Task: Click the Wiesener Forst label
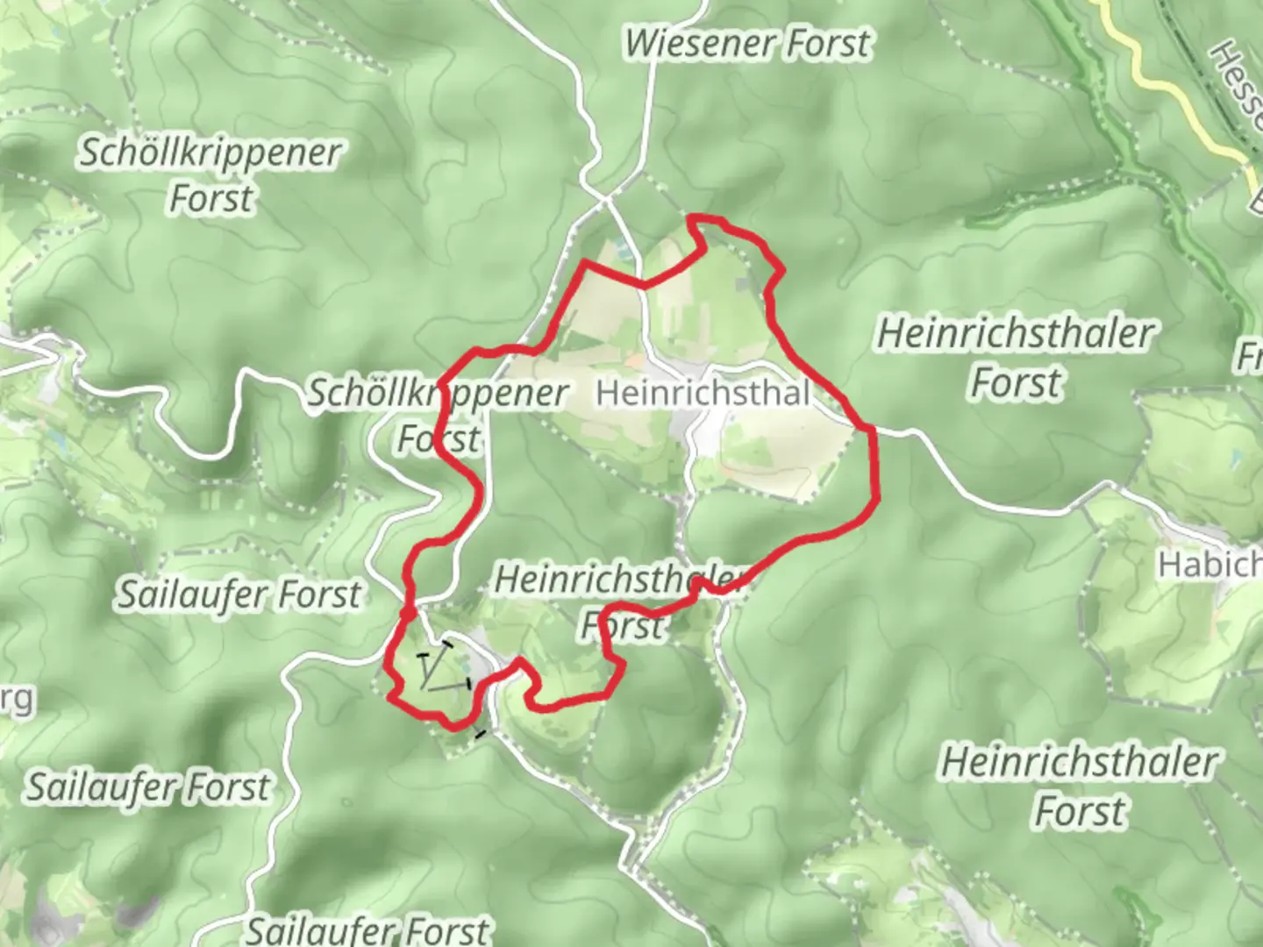pos(748,43)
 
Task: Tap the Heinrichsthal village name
pos(702,394)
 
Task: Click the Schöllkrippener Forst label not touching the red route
pos(210,175)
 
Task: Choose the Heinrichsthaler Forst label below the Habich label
pos(1080,786)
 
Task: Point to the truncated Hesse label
pos(1237,83)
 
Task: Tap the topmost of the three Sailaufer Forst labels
pos(239,595)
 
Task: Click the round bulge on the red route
pos(408,614)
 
